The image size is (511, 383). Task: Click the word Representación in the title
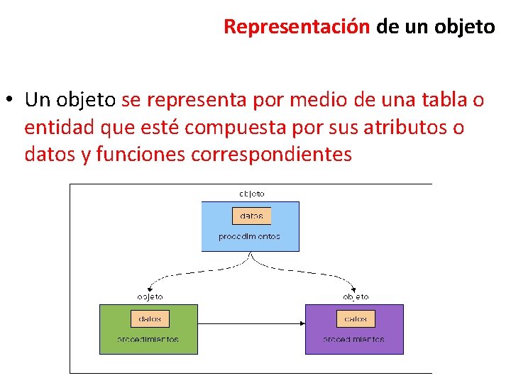click(297, 27)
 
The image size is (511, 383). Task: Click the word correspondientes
click(272, 154)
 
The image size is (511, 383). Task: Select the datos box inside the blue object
click(252, 216)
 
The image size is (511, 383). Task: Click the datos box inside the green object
click(150, 319)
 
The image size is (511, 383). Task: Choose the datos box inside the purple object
click(356, 319)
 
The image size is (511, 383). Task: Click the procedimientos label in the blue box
click(249, 237)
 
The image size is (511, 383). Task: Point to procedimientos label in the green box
click(148, 340)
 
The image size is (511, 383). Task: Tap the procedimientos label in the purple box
click(354, 340)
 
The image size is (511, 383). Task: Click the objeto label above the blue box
click(252, 193)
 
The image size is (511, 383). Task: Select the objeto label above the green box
click(150, 296)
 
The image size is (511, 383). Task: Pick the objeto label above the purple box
click(356, 296)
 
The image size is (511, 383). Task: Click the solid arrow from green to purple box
click(251, 323)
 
